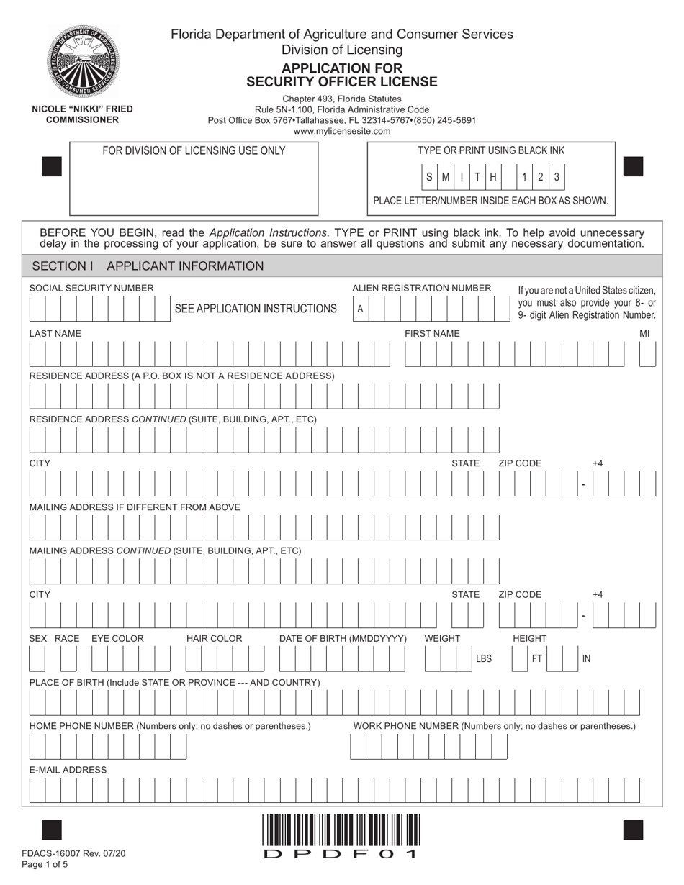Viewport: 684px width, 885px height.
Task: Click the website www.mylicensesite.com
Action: point(342,131)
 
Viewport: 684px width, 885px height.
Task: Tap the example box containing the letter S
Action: point(430,176)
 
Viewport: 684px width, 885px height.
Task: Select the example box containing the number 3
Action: point(556,176)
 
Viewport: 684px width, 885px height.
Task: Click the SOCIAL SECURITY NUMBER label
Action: point(91,288)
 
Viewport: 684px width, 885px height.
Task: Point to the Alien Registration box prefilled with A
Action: point(360,309)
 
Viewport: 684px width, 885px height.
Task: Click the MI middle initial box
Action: point(647,354)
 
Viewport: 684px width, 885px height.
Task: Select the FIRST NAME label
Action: point(431,333)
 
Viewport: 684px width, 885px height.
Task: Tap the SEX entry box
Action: point(37,659)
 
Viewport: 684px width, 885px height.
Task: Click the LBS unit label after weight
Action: point(484,658)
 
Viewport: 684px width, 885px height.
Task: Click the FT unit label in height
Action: point(536,658)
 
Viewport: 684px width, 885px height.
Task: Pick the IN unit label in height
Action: point(586,658)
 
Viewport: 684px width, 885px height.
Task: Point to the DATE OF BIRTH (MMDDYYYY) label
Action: point(343,638)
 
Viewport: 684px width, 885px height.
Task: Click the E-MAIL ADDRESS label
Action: point(68,770)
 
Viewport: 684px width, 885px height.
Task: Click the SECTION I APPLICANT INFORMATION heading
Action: point(148,266)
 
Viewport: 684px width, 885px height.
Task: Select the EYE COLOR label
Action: point(117,638)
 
